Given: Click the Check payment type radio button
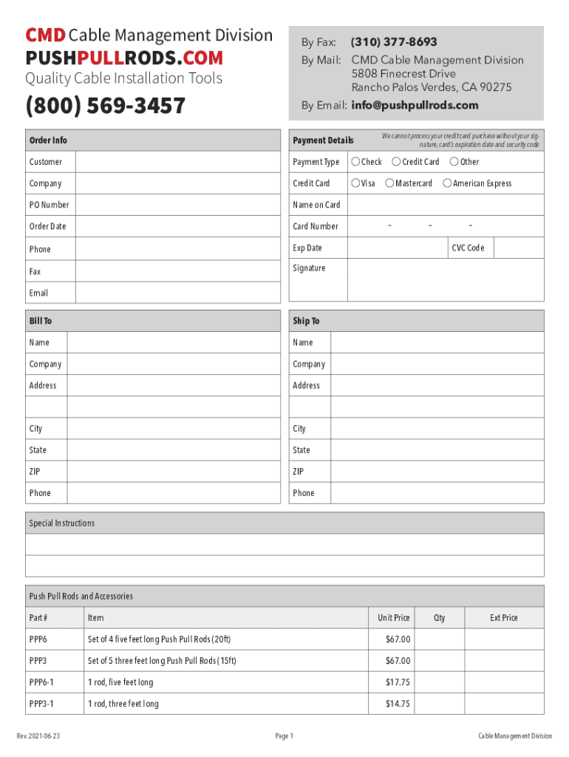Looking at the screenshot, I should (356, 162).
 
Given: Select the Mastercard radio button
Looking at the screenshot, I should (389, 183).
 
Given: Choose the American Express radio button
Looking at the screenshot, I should (447, 183).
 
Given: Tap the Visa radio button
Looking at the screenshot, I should (356, 183).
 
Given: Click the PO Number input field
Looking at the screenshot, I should (177, 205).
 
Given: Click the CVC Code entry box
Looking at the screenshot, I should (518, 248).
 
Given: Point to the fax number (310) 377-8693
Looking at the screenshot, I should (394, 42).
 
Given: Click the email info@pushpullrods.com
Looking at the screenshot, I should (415, 105).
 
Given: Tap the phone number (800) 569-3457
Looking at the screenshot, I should (105, 106).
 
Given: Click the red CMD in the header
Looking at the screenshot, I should (46, 35).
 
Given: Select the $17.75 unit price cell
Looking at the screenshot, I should (398, 682).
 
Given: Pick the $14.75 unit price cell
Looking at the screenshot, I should (398, 704).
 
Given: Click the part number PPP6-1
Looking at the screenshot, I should (41, 682).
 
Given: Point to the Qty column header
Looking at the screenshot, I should (440, 618).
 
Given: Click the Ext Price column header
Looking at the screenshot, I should (504, 618).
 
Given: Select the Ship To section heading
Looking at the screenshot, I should (306, 321).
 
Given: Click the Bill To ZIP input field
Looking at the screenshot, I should (174, 472).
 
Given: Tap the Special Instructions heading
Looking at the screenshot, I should (62, 523).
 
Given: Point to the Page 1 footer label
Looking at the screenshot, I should (284, 736).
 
